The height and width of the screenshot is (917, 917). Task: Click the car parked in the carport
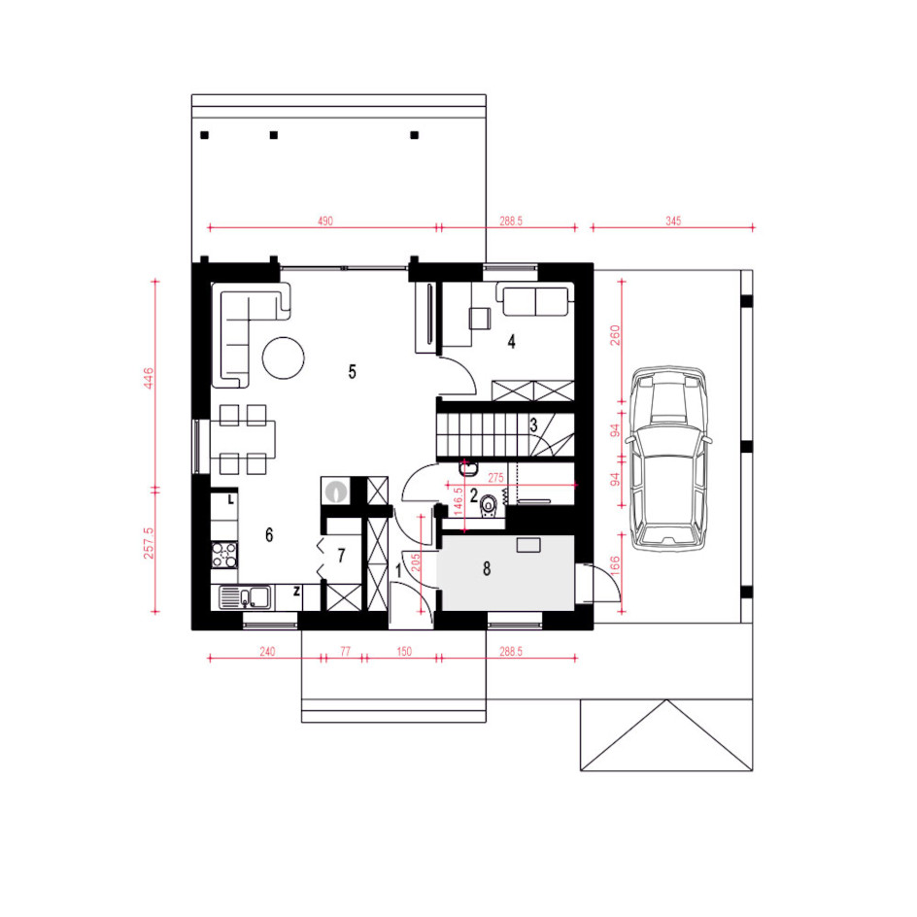click(x=668, y=458)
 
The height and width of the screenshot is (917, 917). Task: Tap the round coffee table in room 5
click(x=283, y=357)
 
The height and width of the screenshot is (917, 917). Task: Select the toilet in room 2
click(x=489, y=505)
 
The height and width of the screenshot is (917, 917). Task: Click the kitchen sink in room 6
click(x=245, y=597)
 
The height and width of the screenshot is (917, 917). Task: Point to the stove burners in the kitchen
click(x=224, y=556)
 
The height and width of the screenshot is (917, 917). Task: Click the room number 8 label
click(x=487, y=568)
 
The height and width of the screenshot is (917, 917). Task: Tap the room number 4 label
click(x=512, y=342)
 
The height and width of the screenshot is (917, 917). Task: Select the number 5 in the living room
click(x=352, y=371)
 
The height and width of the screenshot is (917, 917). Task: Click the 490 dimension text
click(x=325, y=221)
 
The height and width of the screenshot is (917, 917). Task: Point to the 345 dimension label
click(x=673, y=221)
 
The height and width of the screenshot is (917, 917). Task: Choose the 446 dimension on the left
click(x=149, y=378)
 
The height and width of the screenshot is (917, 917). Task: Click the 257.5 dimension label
click(x=149, y=543)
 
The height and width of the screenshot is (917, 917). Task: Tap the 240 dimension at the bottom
click(x=267, y=652)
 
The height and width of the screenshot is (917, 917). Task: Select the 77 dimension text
click(x=345, y=652)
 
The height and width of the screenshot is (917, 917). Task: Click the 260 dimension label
click(x=615, y=335)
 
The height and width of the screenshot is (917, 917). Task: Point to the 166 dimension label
click(x=615, y=565)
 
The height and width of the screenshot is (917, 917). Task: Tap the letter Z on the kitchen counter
click(x=296, y=592)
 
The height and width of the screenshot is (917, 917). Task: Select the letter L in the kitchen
click(x=231, y=500)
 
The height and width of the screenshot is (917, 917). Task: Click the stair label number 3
click(x=533, y=425)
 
